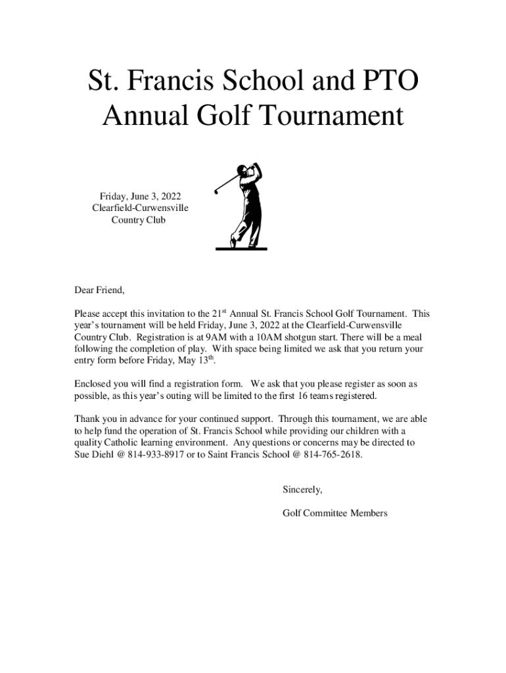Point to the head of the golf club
[x=216, y=191]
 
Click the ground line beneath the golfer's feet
[x=241, y=249]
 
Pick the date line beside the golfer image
[x=140, y=196]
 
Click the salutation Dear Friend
[x=99, y=290]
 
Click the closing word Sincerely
[x=302, y=490]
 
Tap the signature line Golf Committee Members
[x=334, y=513]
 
